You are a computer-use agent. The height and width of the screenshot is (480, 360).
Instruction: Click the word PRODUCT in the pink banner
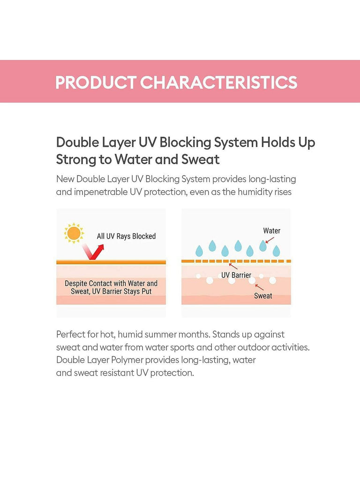tap(96, 82)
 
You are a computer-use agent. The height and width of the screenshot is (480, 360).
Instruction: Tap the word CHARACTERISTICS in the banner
tap(218, 82)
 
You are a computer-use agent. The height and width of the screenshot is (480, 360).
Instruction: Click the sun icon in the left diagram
tap(74, 233)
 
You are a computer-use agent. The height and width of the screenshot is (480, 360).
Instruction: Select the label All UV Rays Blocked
tap(126, 236)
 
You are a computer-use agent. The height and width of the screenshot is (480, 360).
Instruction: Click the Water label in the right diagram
tap(271, 231)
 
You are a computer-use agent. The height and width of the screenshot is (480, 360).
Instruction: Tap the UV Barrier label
tap(236, 275)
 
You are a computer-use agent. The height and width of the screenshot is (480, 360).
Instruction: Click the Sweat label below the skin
tap(263, 296)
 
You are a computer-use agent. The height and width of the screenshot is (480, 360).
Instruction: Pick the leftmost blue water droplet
tap(199, 251)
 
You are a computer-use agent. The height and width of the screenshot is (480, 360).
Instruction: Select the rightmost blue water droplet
tap(276, 251)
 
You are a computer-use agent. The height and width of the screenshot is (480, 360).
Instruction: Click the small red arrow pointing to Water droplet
tap(270, 240)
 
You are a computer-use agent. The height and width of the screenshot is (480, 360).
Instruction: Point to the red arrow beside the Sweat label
tap(259, 287)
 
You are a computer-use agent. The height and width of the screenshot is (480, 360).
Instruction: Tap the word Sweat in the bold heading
tap(201, 159)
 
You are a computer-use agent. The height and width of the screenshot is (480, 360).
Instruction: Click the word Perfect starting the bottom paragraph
tap(70, 334)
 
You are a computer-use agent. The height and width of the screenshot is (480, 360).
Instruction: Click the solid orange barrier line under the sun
tap(111, 262)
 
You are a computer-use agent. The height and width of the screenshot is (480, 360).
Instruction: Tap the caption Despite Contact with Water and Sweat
tap(111, 287)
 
